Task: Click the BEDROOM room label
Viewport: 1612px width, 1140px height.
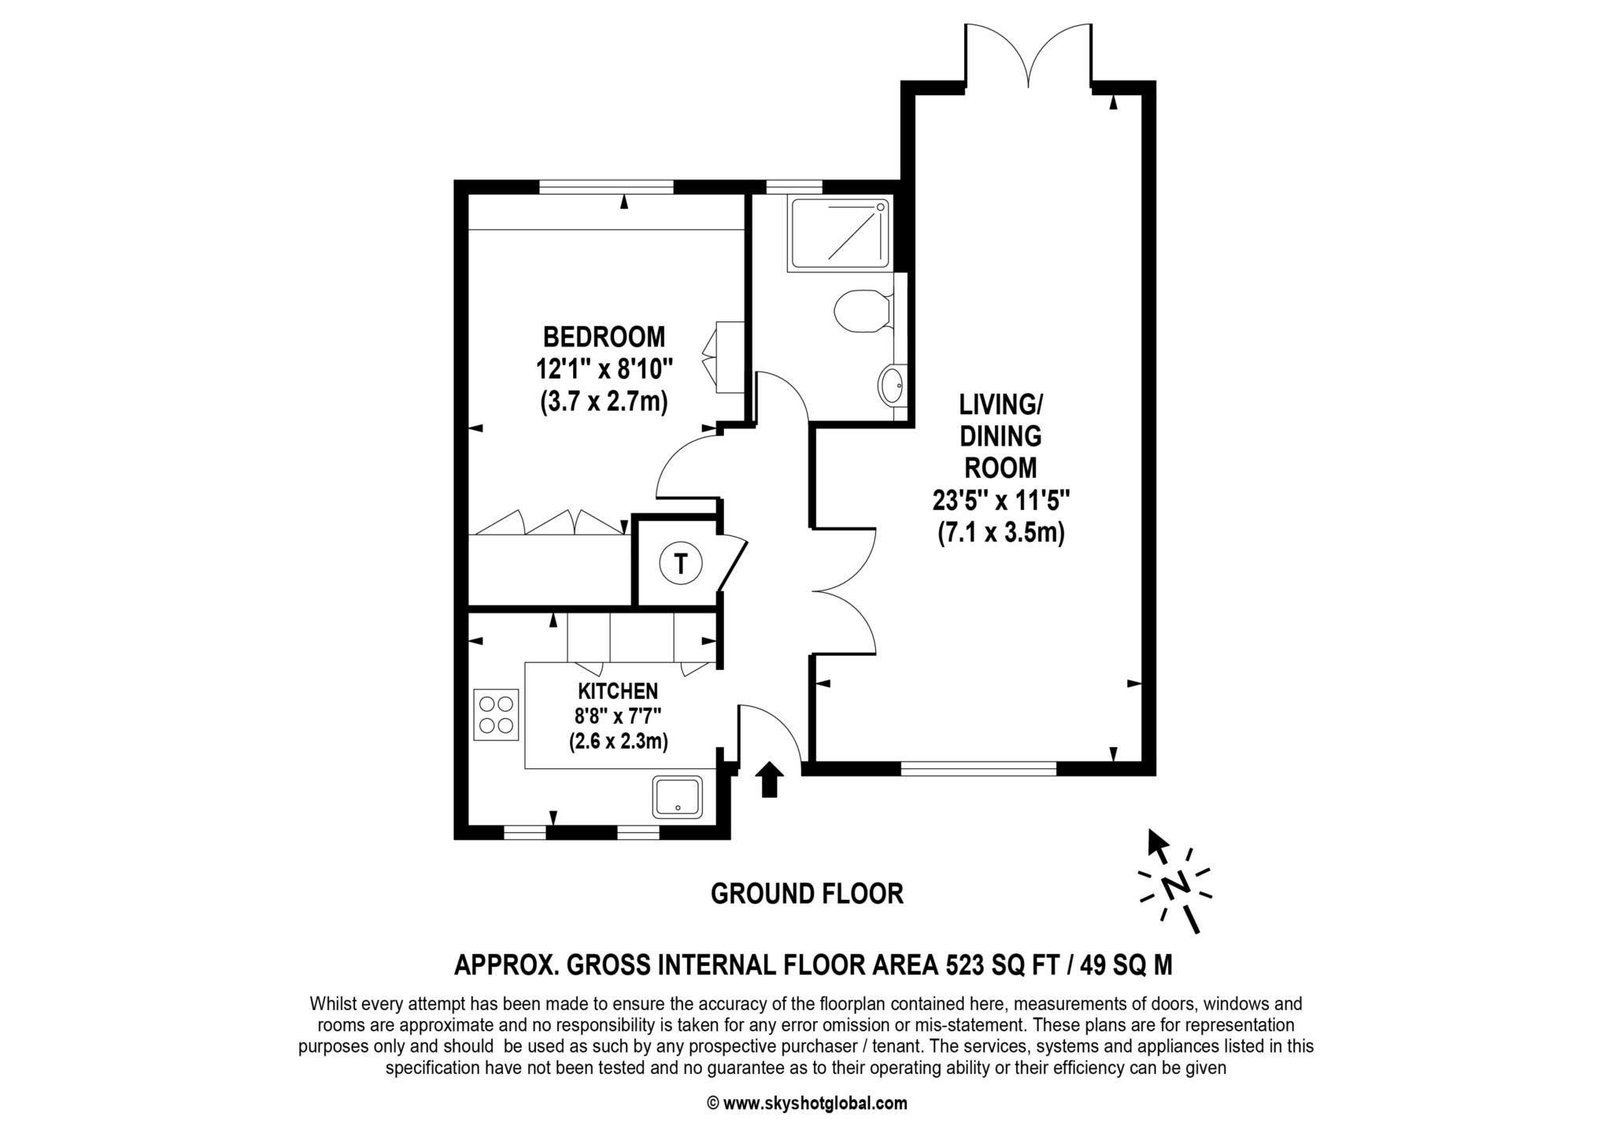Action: (604, 337)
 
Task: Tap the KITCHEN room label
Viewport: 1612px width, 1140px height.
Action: (618, 691)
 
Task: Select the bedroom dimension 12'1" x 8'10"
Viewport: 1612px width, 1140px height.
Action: (604, 369)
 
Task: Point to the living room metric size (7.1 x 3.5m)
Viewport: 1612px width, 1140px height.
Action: (1000, 533)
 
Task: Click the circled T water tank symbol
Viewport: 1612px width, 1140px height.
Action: (681, 564)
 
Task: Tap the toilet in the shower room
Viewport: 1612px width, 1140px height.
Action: (864, 310)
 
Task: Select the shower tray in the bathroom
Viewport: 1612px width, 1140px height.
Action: (841, 234)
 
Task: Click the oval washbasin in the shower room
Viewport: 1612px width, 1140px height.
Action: (891, 386)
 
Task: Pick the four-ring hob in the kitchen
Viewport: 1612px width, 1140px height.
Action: (497, 715)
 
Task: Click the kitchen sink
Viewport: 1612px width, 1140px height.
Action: (677, 797)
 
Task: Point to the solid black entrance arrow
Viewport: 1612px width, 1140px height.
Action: (770, 779)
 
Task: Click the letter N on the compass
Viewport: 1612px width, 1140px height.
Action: (1177, 884)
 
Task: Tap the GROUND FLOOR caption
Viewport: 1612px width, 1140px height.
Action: (807, 894)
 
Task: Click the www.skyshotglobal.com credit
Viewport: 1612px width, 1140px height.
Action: (808, 1103)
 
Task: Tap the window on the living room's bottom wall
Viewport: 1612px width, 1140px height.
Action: (978, 768)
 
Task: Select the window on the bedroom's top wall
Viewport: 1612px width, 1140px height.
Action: (607, 187)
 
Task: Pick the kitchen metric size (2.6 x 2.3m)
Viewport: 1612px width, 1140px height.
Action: (619, 742)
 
